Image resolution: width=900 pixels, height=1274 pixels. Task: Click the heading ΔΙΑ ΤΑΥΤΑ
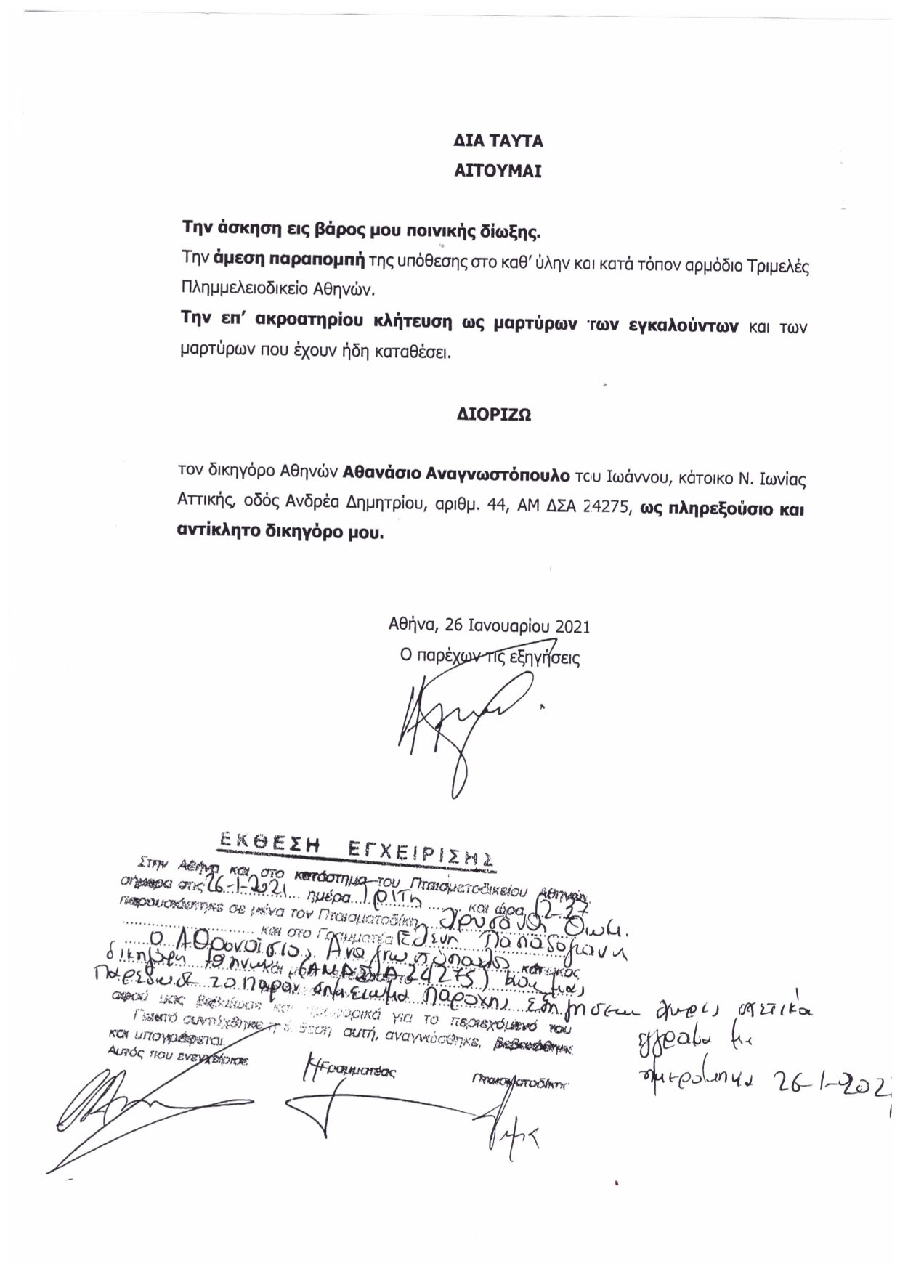(x=498, y=141)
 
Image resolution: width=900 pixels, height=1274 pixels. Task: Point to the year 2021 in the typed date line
(x=572, y=626)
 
